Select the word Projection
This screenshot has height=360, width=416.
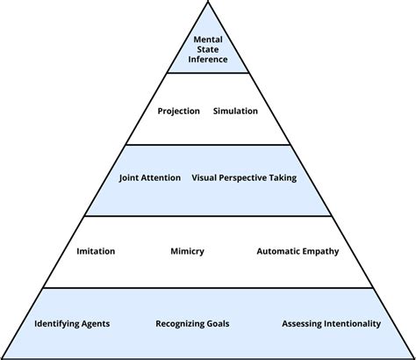tap(178, 111)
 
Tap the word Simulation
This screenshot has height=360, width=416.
tap(235, 111)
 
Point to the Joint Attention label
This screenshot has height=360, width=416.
tap(150, 177)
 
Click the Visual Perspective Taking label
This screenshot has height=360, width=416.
tap(244, 177)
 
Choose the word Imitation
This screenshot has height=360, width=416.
tap(96, 251)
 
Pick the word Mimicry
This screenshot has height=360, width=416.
tap(187, 251)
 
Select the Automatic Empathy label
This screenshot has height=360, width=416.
tap(298, 251)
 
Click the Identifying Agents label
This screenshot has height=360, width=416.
tap(72, 323)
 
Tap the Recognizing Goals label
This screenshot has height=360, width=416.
tap(191, 323)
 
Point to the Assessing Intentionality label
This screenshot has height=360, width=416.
tap(331, 323)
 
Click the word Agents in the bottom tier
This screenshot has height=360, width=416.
tap(93, 323)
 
